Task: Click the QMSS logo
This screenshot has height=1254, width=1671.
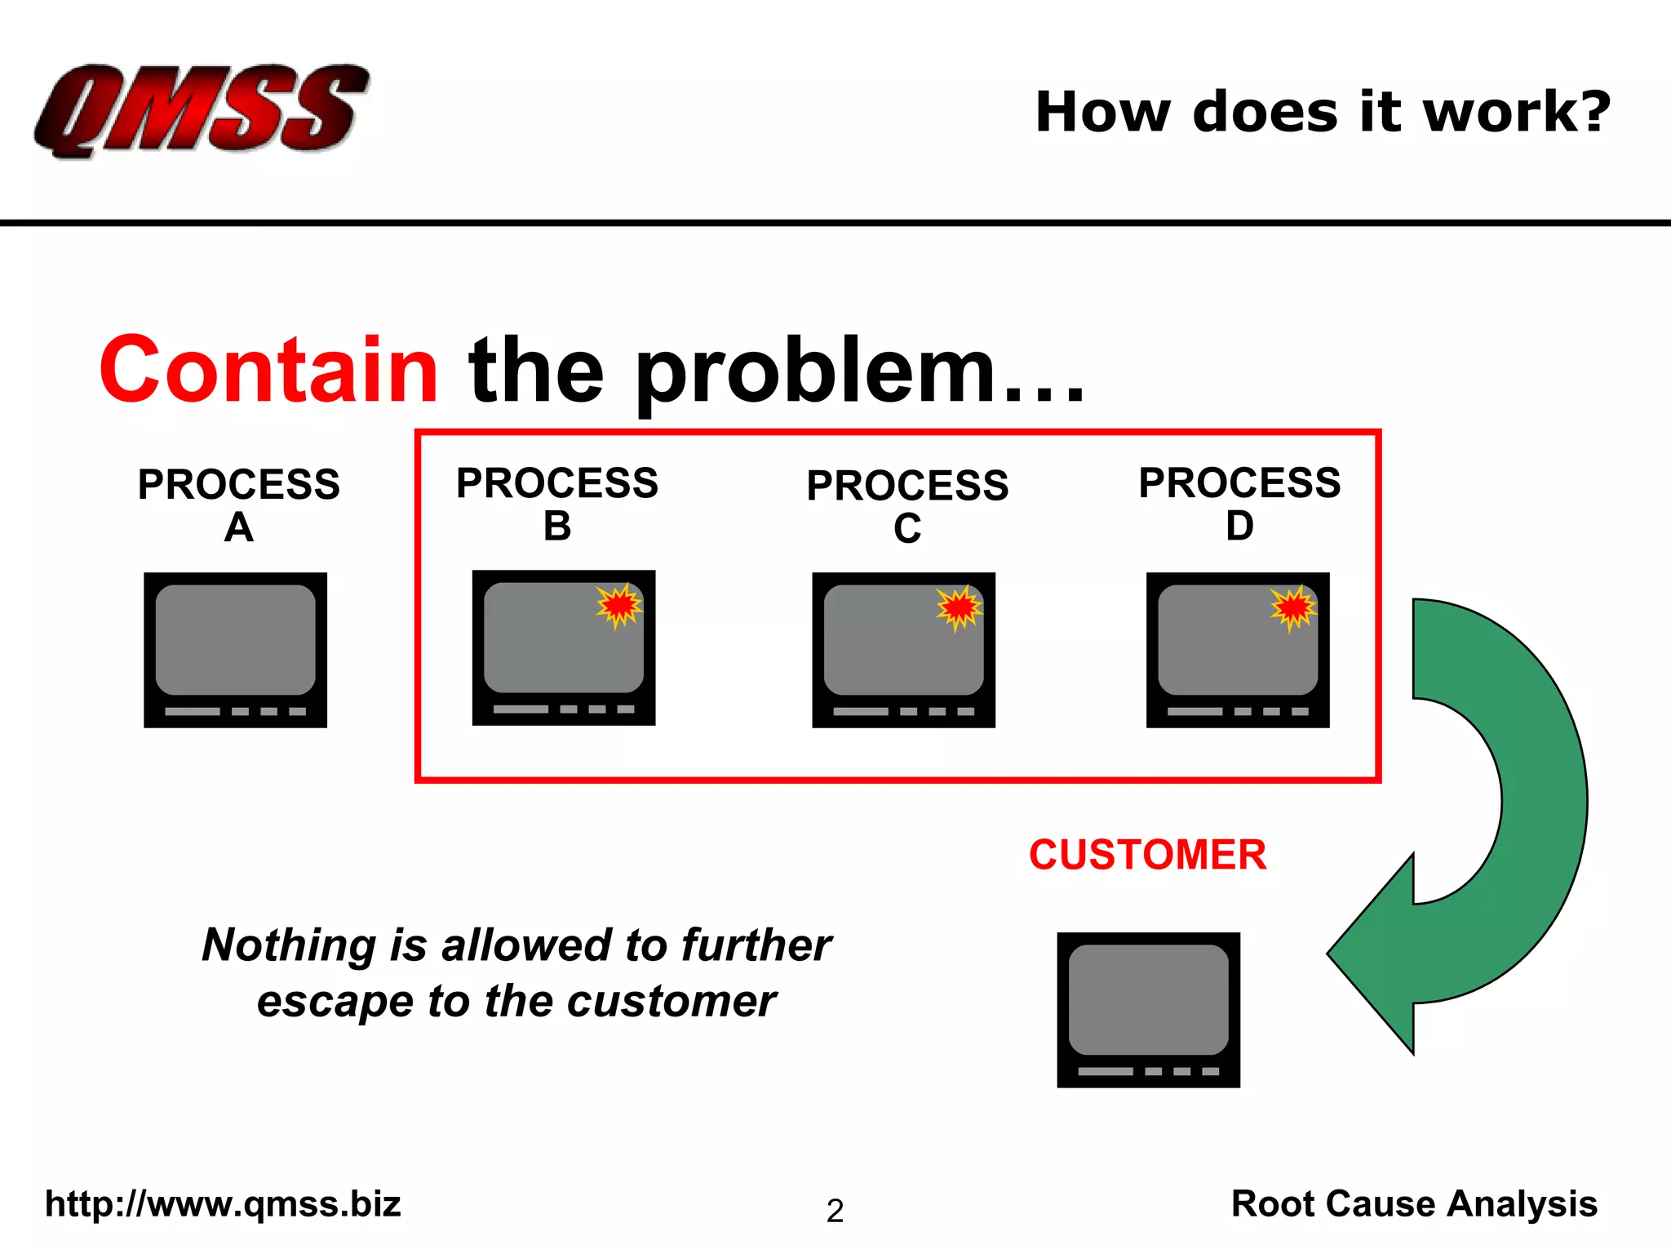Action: tap(201, 110)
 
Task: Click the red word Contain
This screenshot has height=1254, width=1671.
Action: tap(269, 371)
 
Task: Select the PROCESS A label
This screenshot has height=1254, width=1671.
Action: tap(238, 505)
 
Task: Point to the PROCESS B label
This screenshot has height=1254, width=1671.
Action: tap(557, 503)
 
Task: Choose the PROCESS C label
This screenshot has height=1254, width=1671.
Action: tap(907, 505)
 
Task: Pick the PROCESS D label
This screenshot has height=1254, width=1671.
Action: tap(1239, 503)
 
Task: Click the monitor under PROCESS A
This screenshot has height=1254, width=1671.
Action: tap(236, 650)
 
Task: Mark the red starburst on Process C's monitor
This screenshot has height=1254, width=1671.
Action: tap(959, 608)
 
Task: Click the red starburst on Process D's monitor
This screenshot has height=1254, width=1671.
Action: tap(1293, 608)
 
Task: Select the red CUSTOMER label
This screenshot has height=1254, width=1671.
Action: tap(1147, 855)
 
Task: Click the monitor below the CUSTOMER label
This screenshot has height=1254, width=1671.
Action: tap(1148, 1010)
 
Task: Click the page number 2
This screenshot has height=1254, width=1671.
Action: tap(835, 1211)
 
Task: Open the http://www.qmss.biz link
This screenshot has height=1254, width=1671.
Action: tap(223, 1204)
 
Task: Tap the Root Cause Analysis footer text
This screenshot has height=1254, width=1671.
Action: tap(1414, 1204)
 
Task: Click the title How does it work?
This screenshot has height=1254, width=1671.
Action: tap(1323, 112)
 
